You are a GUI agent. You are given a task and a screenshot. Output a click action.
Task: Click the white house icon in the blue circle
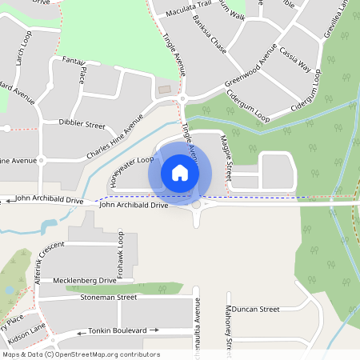180,172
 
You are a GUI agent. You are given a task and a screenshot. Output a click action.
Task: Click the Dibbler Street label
82,125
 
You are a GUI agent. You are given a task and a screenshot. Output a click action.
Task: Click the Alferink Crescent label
48,265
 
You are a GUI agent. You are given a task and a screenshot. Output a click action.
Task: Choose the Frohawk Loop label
121,254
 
